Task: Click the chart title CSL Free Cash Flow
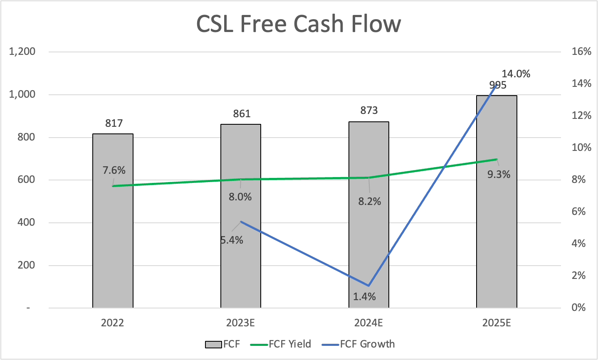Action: point(298,24)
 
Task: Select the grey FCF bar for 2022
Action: point(113,249)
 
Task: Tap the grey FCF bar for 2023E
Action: point(240,266)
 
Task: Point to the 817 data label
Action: point(114,123)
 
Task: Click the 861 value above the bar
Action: point(242,113)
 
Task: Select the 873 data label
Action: point(369,110)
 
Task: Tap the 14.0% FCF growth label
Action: point(516,74)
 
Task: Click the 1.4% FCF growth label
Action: point(364,296)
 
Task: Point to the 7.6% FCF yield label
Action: point(114,170)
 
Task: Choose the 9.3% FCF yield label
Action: point(499,175)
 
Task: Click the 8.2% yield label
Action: point(369,202)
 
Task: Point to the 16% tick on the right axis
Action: point(581,52)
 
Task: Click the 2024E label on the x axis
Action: point(368,323)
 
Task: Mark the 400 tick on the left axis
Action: point(26,222)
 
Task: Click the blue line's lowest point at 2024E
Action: point(368,286)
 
